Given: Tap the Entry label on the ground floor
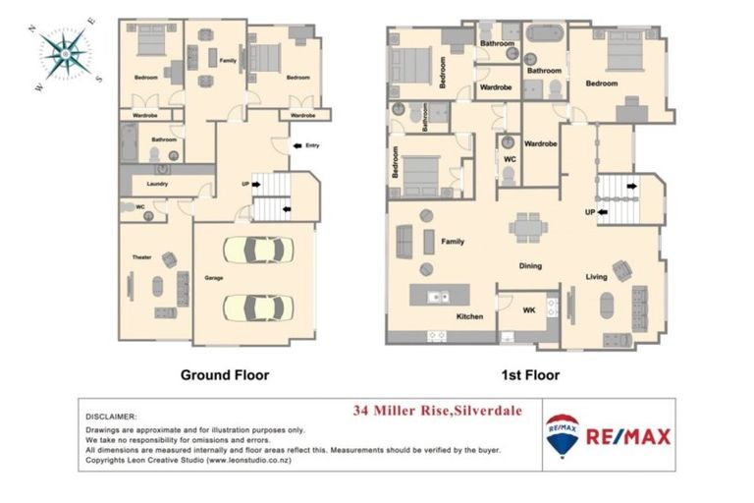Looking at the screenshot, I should [312, 146].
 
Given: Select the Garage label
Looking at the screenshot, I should [214, 278].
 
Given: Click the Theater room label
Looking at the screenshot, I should [141, 257].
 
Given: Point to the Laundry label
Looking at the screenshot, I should [157, 184].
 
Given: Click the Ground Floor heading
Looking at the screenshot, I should [224, 374].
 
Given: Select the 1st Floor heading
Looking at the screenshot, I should [528, 374].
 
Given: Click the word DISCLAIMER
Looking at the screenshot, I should [112, 417].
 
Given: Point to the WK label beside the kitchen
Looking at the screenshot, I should [528, 311].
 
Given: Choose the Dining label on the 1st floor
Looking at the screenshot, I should [530, 265].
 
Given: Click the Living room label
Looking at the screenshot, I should [598, 276].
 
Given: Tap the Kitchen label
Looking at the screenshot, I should [470, 317].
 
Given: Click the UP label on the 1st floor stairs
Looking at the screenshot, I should [590, 211].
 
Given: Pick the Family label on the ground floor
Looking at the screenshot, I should [228, 61].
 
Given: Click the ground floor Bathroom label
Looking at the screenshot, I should [163, 140].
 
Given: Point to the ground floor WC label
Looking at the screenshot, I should [140, 206].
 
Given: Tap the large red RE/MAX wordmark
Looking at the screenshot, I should [628, 436].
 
